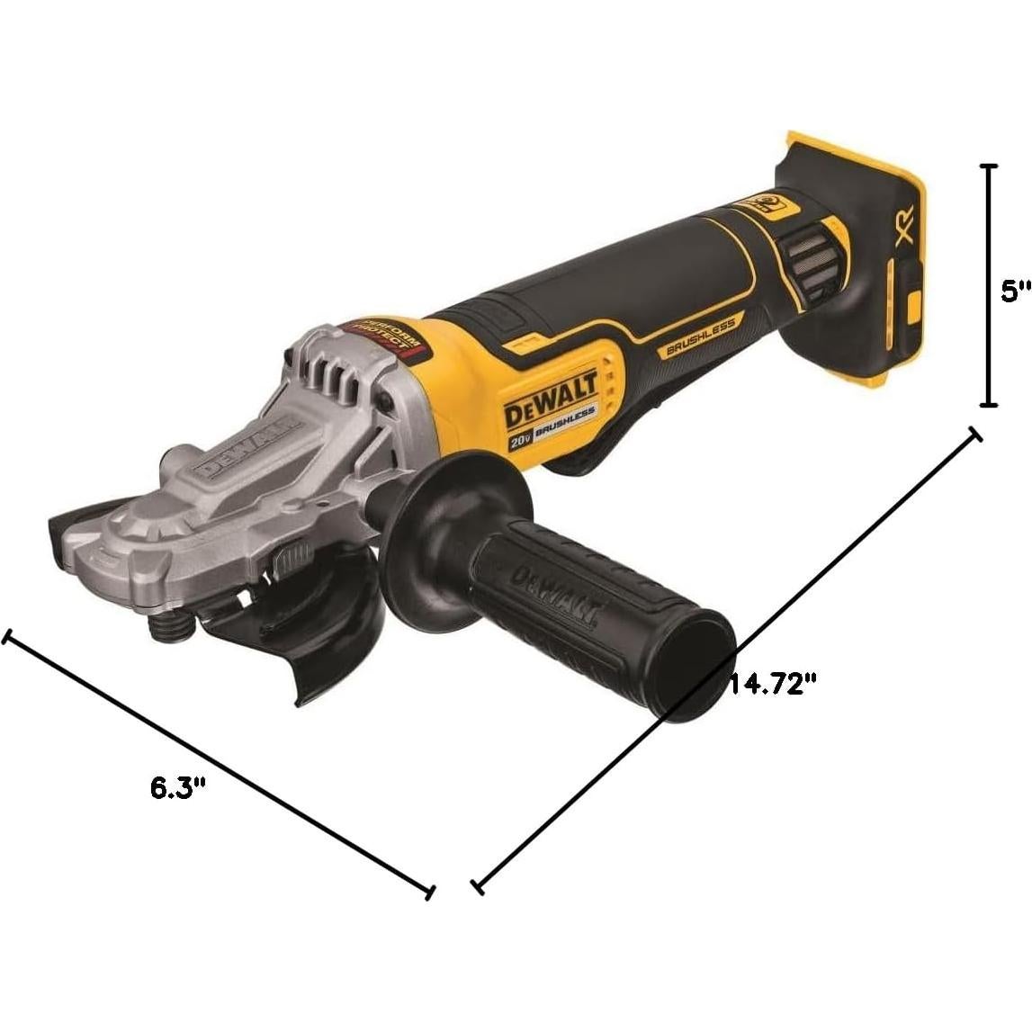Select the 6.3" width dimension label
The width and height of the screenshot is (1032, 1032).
coord(178,788)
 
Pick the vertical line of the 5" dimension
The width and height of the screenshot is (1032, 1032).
coord(990,285)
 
